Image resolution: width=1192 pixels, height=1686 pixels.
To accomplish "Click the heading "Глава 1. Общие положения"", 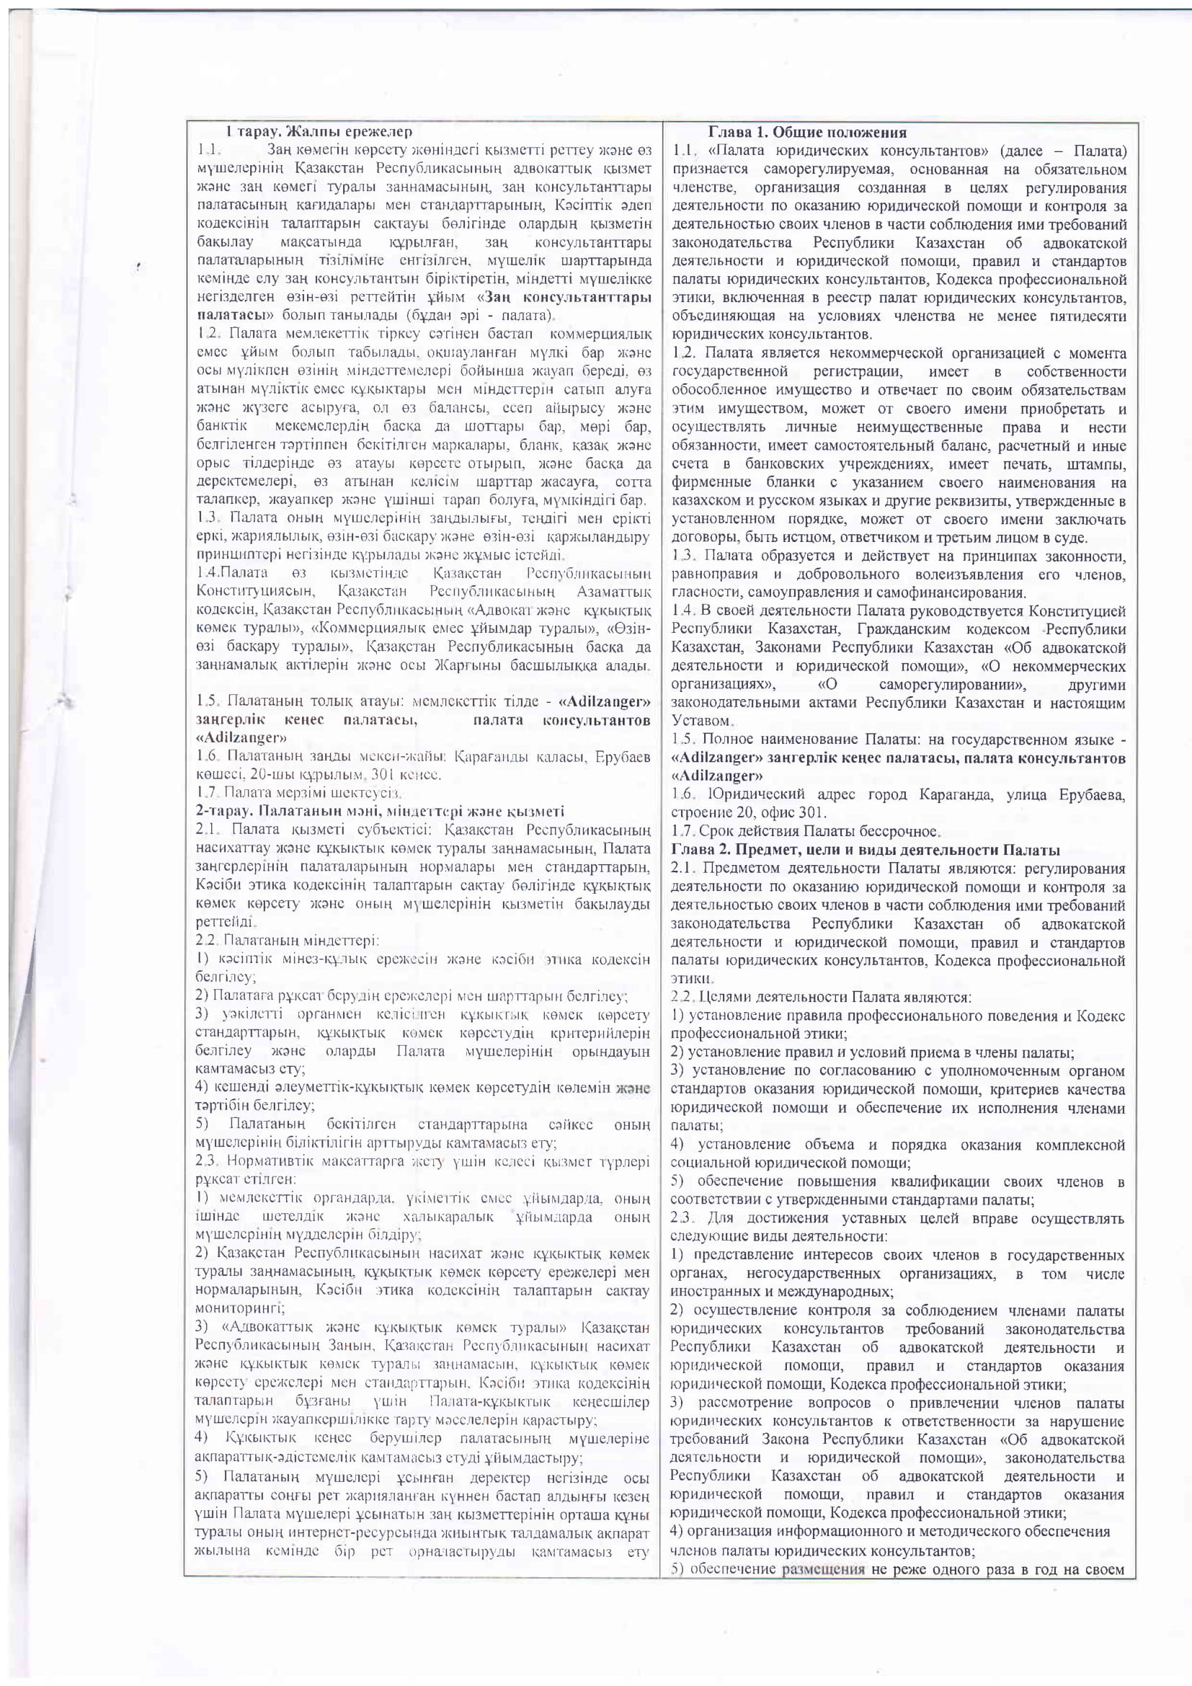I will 806,133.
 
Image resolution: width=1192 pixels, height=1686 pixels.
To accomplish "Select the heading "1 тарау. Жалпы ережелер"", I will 319,132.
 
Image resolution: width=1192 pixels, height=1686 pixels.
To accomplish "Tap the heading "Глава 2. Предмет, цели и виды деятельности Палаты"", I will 866,850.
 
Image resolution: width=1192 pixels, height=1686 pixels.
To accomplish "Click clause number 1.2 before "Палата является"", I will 683,353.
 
